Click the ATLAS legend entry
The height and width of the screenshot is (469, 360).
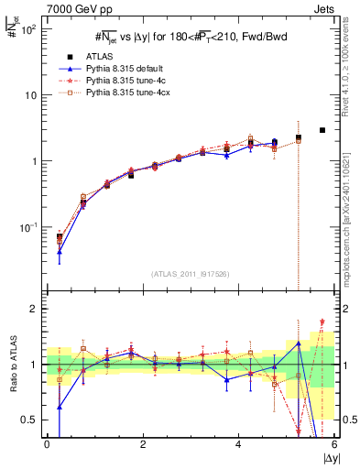[102, 56]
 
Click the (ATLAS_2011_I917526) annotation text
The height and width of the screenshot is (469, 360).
[190, 274]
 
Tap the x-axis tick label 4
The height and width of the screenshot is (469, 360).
[238, 444]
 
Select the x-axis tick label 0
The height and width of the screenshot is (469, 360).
[47, 444]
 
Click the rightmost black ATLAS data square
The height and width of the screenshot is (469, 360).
[322, 130]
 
